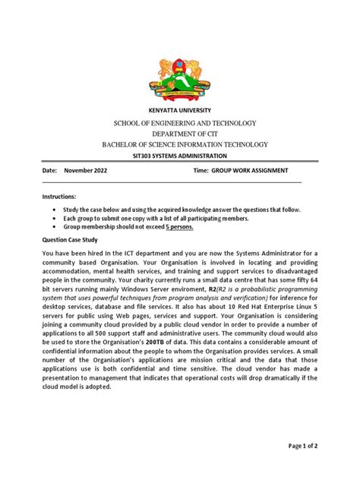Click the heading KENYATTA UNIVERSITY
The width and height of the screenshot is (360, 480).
[179, 111]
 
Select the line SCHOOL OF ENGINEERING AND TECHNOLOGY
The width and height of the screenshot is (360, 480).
[179, 123]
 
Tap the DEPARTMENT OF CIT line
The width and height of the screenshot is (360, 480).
[179, 133]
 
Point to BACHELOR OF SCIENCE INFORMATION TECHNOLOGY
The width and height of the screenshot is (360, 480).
[179, 144]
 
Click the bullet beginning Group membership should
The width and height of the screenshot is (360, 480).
[118, 226]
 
